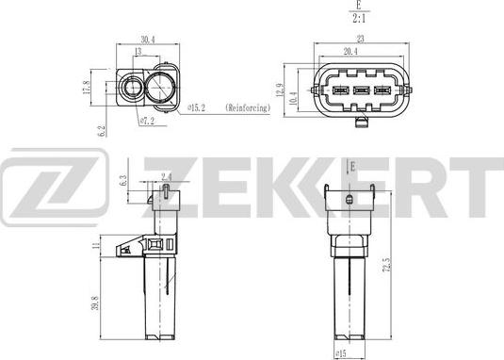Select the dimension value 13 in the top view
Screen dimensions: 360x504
pyautogui.click(x=138, y=53)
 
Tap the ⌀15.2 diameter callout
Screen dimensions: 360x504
pyautogui.click(x=196, y=108)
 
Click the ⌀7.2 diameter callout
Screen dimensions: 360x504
pyautogui.click(x=148, y=122)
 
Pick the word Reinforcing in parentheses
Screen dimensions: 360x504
pyautogui.click(x=248, y=108)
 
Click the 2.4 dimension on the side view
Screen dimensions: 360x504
pyautogui.click(x=166, y=176)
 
